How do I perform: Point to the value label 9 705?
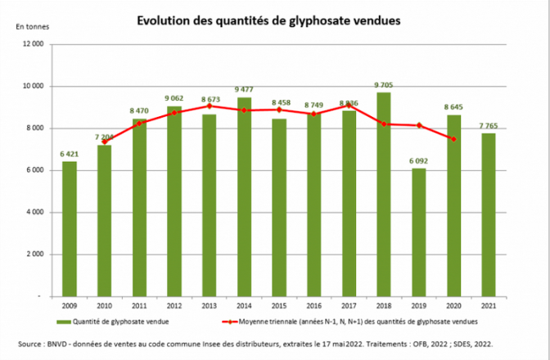[x=384, y=84]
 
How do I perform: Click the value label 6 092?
[x=418, y=161]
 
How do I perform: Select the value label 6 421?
[x=70, y=154]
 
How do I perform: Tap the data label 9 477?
[x=244, y=89]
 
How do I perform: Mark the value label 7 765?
[x=489, y=125]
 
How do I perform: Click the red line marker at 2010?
[x=105, y=142]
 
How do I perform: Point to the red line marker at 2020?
[x=453, y=138]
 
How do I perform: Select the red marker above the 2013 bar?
[x=210, y=106]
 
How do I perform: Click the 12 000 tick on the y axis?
[x=33, y=44]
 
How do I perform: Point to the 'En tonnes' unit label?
[x=30, y=26]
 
